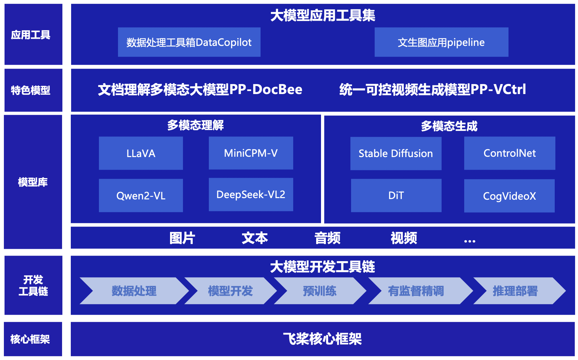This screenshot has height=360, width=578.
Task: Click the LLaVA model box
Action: tap(141, 153)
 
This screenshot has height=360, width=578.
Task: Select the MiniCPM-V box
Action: tap(251, 153)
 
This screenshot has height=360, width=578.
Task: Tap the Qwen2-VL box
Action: tap(141, 196)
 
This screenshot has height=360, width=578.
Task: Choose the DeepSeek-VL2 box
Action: tap(251, 195)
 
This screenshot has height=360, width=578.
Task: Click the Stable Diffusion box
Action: tap(396, 154)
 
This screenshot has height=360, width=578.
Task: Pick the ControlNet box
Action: tap(509, 153)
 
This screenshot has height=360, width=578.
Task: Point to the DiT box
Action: tap(396, 196)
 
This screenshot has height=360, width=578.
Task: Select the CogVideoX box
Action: tap(509, 196)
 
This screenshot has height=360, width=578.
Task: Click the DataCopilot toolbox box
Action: tap(189, 42)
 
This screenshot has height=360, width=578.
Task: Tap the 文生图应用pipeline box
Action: tap(441, 42)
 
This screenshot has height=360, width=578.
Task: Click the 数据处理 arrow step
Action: tap(134, 291)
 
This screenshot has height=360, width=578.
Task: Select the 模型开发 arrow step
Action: tap(230, 291)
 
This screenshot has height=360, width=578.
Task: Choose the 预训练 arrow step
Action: tap(320, 291)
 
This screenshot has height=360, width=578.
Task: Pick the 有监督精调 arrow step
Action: tap(416, 291)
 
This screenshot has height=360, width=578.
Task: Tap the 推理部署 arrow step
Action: tap(515, 291)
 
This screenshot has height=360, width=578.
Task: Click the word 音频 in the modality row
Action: tap(327, 238)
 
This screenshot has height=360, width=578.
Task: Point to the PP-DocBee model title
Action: tap(200, 90)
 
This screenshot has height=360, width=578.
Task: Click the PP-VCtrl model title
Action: tap(433, 90)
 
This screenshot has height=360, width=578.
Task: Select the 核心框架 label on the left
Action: tap(30, 339)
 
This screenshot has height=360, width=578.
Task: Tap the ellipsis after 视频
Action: tap(470, 241)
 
